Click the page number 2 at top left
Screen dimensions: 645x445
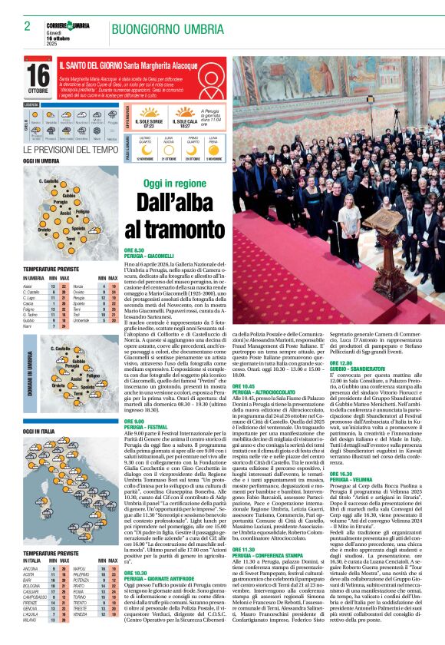(27, 26)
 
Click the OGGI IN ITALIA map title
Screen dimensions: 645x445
(38, 432)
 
